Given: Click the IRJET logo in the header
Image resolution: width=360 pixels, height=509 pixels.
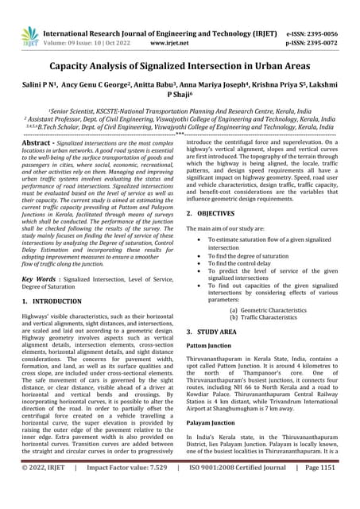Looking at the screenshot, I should click(30, 36).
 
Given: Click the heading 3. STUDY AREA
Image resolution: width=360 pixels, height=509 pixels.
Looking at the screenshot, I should click(217, 330).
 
